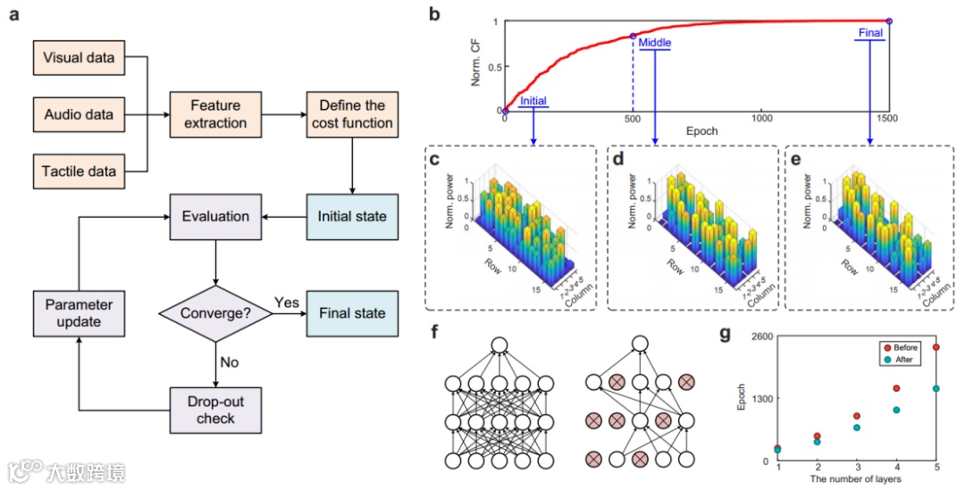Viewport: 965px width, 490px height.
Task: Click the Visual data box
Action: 79,58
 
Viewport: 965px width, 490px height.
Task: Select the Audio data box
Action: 79,114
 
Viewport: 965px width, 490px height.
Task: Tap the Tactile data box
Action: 79,170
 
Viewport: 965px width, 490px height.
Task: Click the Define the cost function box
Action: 350,114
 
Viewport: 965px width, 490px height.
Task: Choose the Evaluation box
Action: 215,216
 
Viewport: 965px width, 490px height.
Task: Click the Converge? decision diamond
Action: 215,313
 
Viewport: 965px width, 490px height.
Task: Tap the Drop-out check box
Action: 215,411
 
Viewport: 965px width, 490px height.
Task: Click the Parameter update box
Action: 79,313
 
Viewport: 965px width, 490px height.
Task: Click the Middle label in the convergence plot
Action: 656,42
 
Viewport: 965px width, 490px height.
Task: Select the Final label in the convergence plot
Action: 869,33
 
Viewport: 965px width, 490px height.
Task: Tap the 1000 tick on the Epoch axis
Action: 761,118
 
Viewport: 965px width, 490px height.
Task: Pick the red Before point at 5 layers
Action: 936,347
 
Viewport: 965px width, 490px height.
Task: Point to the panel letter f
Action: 434,335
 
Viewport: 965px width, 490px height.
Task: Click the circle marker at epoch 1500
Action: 888,21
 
